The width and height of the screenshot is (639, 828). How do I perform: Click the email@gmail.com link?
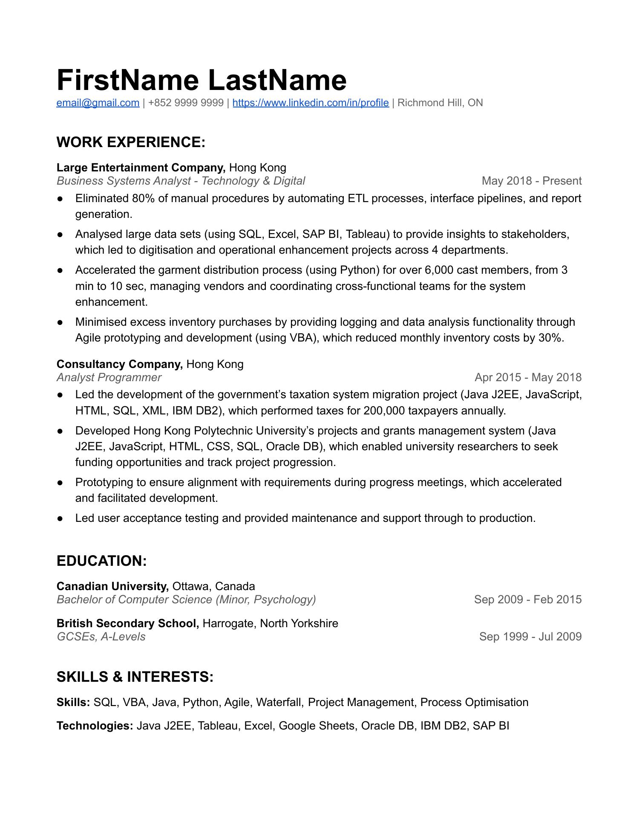click(98, 103)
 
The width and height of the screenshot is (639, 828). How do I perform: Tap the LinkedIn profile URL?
click(311, 103)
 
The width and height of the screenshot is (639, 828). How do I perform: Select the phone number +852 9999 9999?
click(186, 103)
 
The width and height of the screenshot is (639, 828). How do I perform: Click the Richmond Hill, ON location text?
click(440, 103)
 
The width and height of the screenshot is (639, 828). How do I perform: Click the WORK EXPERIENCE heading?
click(131, 142)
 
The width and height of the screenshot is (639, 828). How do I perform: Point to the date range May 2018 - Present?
click(531, 181)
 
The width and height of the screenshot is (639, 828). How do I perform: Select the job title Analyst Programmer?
click(109, 377)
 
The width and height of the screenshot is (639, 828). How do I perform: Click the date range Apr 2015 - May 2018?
click(528, 377)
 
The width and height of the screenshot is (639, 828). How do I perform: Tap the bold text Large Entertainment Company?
click(141, 168)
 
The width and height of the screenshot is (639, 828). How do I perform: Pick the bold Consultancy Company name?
click(119, 364)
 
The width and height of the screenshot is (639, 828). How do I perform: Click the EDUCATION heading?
click(101, 561)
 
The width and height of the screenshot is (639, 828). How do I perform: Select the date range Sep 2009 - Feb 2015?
click(527, 599)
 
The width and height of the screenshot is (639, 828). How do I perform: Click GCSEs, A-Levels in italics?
click(101, 637)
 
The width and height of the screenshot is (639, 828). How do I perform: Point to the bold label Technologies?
click(95, 726)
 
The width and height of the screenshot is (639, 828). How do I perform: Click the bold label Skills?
click(73, 702)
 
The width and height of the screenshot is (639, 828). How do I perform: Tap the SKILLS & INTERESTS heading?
click(135, 677)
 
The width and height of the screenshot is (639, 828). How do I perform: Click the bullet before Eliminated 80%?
click(60, 199)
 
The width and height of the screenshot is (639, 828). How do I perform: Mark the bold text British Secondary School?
click(127, 623)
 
